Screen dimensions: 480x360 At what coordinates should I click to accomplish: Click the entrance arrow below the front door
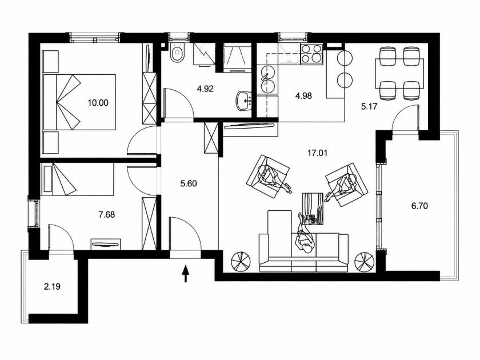(185, 274)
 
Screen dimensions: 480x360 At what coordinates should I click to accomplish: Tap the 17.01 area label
(318, 153)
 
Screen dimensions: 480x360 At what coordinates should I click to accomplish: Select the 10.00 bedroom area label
(98, 103)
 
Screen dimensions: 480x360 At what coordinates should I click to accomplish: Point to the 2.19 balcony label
(53, 287)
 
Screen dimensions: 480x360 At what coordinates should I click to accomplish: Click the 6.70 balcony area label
(419, 206)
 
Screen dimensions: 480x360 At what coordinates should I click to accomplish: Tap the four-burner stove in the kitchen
(311, 54)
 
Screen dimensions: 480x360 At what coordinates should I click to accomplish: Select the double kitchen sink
(267, 79)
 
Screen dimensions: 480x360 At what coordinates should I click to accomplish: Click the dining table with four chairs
(399, 73)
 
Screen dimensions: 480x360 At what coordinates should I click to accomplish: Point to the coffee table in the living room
(313, 209)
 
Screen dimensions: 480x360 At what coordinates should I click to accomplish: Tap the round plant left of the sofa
(241, 262)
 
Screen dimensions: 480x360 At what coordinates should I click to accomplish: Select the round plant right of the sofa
(365, 262)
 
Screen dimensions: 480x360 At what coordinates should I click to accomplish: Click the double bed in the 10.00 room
(79, 101)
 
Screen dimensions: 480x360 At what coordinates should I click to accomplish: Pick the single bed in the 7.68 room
(78, 178)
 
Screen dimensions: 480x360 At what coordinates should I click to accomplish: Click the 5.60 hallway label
(189, 183)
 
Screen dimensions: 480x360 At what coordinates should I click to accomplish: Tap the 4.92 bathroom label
(205, 89)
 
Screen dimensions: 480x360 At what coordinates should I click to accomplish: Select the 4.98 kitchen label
(303, 96)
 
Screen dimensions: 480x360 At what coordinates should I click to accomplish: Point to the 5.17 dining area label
(370, 106)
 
